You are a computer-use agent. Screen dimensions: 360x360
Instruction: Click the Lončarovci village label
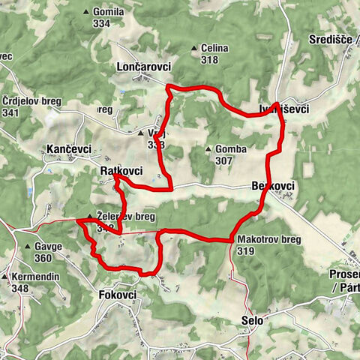[x=144, y=67]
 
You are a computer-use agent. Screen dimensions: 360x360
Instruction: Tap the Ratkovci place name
[x=121, y=172]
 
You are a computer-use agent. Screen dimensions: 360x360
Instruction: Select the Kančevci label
[x=68, y=148]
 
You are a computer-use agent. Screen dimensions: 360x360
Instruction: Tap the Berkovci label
[x=274, y=185]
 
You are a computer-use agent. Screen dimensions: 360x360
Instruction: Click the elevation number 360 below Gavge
[x=42, y=258]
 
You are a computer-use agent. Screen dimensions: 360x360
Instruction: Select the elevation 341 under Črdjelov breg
[x=10, y=113]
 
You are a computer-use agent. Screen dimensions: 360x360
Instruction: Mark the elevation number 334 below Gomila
[x=103, y=23]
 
